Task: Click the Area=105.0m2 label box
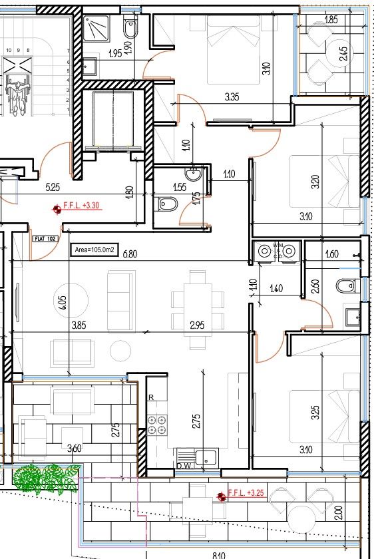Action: [x=94, y=250]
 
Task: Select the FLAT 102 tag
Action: [x=43, y=236]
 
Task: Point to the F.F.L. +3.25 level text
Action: [x=247, y=494]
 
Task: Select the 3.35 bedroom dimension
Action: [x=232, y=97]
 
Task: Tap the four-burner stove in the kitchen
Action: [x=158, y=425]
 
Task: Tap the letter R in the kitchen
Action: [x=152, y=397]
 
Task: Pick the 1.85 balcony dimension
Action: [x=331, y=20]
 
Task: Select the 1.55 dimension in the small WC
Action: [x=178, y=188]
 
